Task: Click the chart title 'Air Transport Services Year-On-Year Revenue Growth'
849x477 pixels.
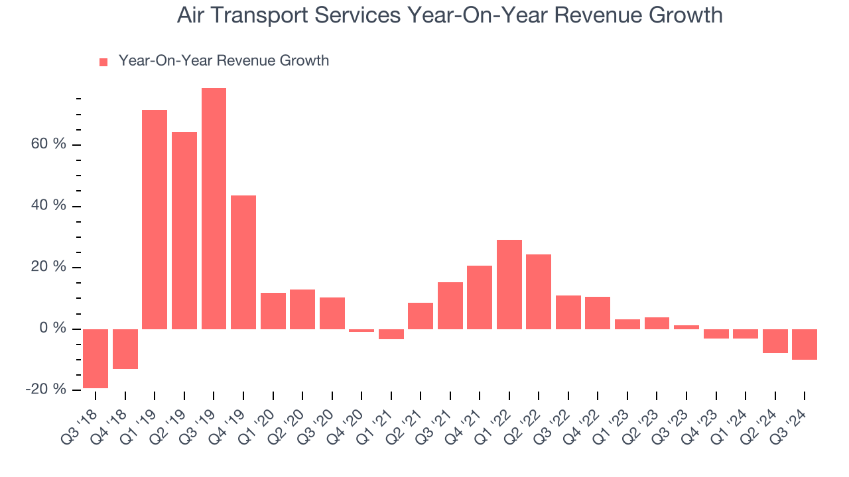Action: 449,15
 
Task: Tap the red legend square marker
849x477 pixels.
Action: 103,62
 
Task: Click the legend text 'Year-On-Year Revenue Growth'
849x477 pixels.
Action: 224,61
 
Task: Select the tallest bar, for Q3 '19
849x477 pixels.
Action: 214,208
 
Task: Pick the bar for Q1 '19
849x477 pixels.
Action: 155,219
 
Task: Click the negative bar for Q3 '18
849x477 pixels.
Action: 96,358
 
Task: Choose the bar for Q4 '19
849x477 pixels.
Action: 243,262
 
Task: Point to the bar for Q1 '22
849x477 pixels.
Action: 509,284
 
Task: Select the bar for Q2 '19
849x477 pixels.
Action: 184,230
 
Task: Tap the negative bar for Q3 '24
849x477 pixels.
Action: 804,344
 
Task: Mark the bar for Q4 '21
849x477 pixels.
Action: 480,297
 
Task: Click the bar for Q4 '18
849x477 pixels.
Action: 125,348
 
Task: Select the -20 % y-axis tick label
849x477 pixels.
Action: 46,390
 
